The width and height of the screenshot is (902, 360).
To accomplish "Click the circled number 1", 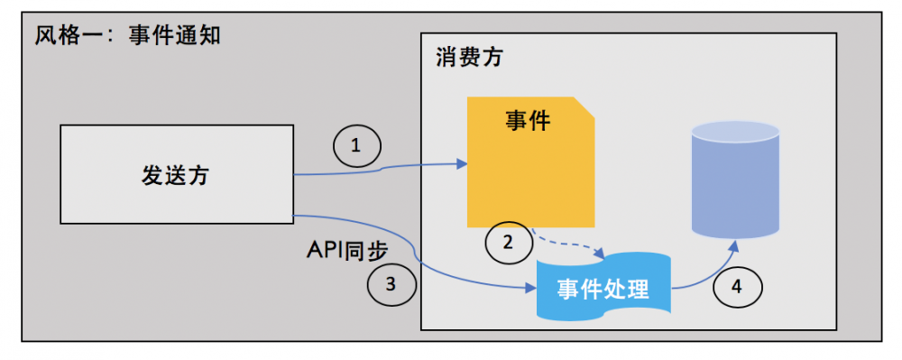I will pos(355,146).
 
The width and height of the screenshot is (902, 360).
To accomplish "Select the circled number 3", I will pos(391,285).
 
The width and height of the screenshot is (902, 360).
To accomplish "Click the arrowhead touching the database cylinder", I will pos(738,245).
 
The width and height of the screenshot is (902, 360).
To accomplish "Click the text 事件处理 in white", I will pos(603,290).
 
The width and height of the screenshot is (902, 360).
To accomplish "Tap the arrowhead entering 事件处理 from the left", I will pos(531,289).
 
